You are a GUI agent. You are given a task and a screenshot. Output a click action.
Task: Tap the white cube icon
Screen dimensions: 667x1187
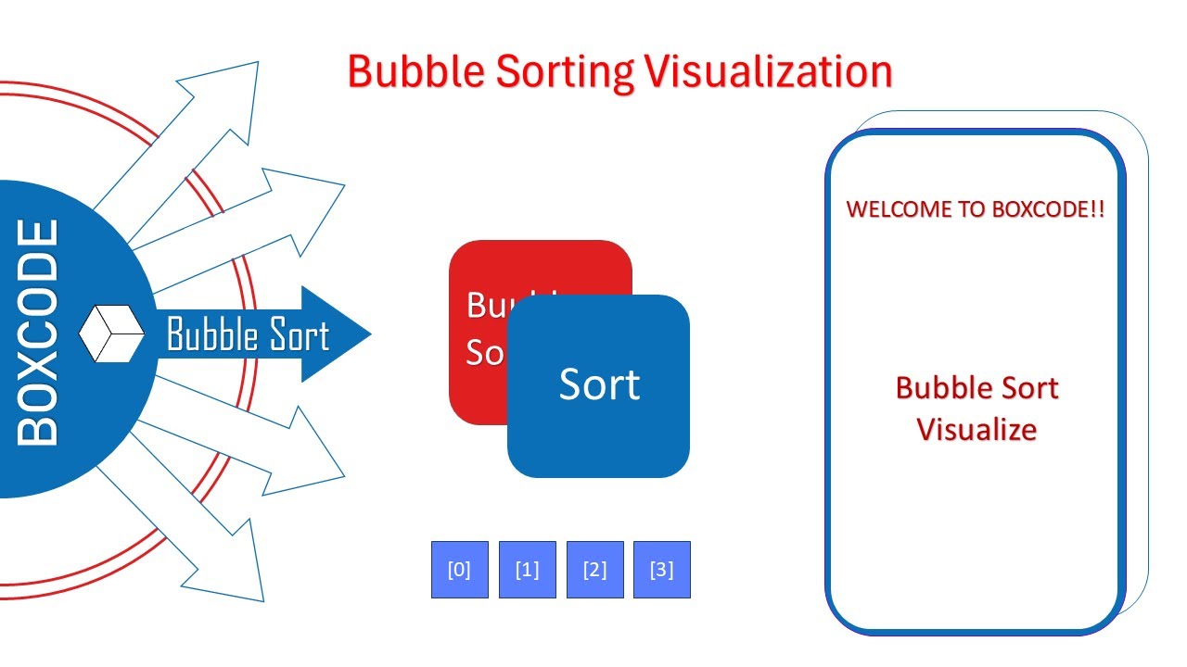[x=111, y=333]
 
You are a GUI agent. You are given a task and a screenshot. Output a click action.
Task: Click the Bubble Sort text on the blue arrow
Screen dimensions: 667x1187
[x=248, y=334]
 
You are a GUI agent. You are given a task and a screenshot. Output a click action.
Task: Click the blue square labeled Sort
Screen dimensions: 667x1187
[x=599, y=385]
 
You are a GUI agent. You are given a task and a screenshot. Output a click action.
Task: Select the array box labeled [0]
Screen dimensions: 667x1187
[x=460, y=570]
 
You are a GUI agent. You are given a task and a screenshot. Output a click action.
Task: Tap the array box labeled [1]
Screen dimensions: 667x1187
[x=528, y=570]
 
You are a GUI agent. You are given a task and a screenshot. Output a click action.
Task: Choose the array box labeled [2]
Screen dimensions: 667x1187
[x=594, y=570]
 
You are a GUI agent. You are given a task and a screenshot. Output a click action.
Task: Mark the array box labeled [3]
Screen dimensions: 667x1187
[x=662, y=570]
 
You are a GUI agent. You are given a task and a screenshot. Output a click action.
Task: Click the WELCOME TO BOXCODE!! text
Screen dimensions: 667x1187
[x=976, y=209]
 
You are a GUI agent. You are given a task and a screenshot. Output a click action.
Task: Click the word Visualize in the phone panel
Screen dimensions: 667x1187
[x=976, y=430]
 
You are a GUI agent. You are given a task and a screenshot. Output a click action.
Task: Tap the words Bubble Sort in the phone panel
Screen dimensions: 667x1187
[x=976, y=388]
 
